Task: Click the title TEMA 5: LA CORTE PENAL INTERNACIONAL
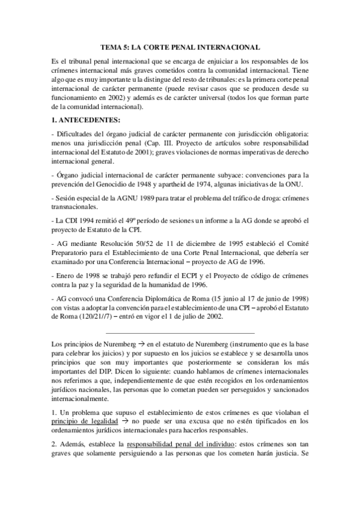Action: (x=180, y=47)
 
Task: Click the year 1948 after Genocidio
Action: (x=150, y=184)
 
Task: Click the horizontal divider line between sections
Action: (x=180, y=333)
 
